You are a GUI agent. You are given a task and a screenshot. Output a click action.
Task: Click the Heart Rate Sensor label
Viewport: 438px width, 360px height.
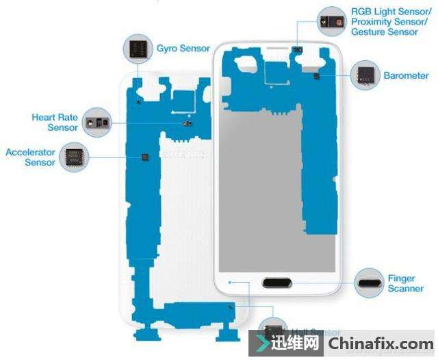54,123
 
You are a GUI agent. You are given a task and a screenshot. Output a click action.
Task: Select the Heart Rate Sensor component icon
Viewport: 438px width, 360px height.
96,123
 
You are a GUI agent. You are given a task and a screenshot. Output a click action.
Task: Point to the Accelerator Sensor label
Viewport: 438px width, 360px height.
31,157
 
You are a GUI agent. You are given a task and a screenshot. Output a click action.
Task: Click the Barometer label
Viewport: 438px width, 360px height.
406,76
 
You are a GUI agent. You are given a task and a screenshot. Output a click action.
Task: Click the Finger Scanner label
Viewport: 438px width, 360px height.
401,283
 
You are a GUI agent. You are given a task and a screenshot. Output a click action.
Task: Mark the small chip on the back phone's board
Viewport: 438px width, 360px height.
144,157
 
